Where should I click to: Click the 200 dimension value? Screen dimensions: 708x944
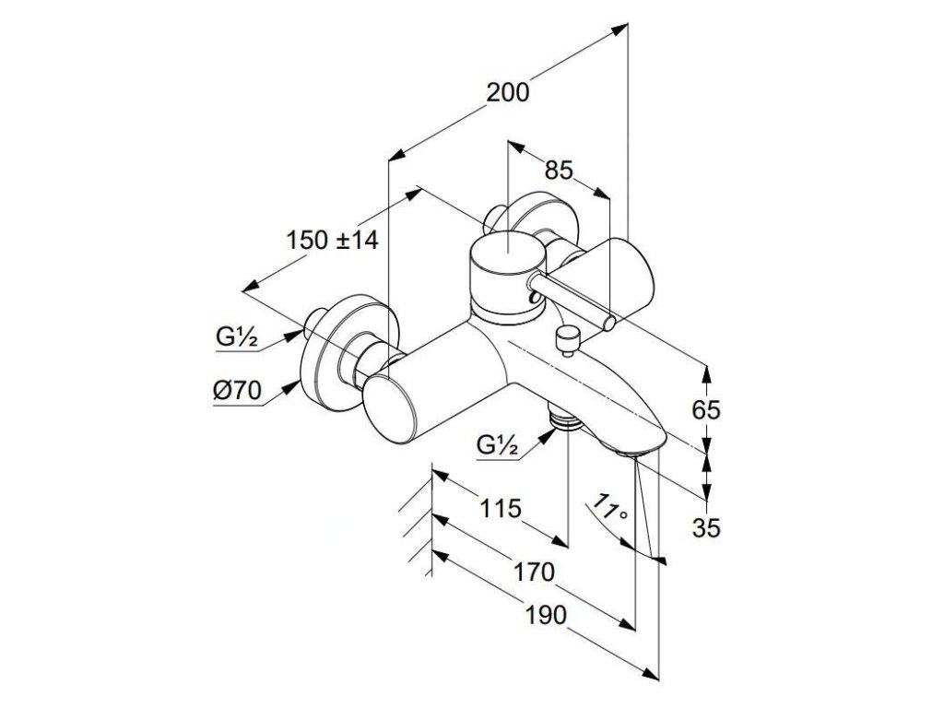point(508,92)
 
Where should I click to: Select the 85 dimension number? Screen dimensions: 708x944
point(560,171)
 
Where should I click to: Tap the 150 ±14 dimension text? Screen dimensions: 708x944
point(333,241)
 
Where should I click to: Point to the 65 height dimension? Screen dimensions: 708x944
point(706,410)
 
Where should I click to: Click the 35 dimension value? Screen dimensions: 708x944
point(707,527)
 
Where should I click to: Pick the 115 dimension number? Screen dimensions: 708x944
point(500,508)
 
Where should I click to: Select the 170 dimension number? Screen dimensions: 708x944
point(534,572)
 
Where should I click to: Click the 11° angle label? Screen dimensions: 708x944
point(609,510)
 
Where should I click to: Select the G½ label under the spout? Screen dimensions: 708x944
point(499,445)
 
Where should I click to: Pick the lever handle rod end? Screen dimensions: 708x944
point(609,322)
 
